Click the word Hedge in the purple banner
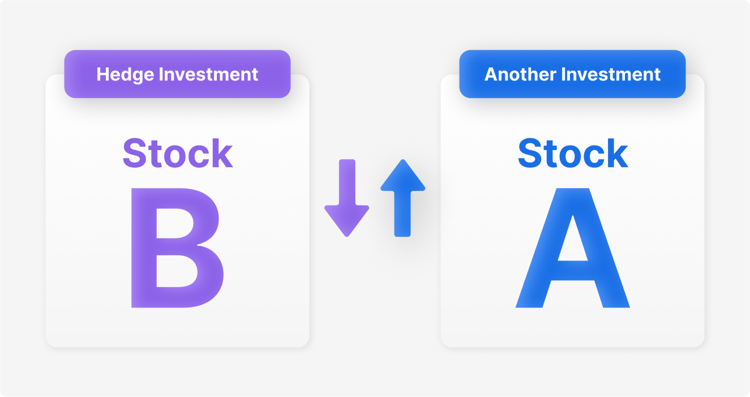tap(125, 75)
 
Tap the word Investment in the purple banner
tap(208, 74)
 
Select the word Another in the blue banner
tap(520, 74)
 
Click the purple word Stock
tap(178, 153)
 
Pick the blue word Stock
tap(573, 153)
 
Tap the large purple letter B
tap(177, 247)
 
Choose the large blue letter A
tap(572, 247)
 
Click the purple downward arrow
tap(347, 198)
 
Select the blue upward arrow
tap(402, 198)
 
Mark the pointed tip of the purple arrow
tap(347, 237)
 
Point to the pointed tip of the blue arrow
tap(403, 160)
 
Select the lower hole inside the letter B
tap(175, 271)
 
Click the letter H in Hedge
tap(103, 74)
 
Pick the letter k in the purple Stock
tap(222, 153)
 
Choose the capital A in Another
tap(491, 74)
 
